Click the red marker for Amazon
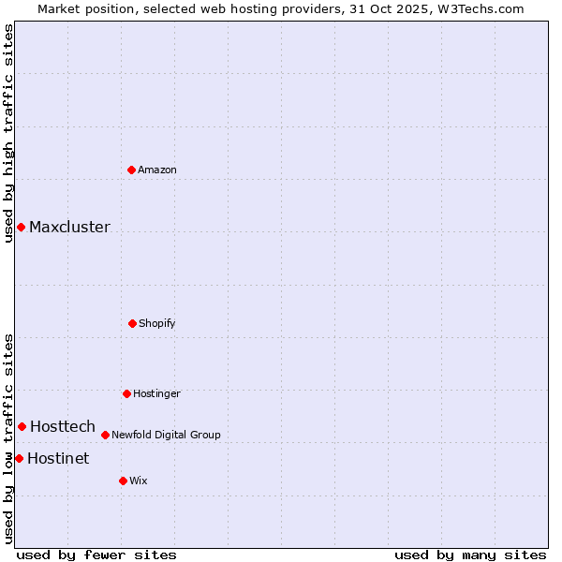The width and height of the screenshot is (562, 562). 132,170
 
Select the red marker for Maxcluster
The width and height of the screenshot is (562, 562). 21,227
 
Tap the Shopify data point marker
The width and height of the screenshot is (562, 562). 132,323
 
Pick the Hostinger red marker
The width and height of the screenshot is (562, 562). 126,393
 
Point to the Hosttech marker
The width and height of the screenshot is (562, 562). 22,426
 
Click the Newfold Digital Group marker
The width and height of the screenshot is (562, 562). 105,435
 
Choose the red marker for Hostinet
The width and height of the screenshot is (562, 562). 19,458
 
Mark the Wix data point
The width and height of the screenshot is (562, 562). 123,481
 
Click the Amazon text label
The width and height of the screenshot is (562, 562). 157,170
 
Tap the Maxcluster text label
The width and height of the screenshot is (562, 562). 69,227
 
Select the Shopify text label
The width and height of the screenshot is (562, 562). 157,323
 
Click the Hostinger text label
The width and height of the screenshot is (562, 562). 156,393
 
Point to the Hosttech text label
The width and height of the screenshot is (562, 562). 63,426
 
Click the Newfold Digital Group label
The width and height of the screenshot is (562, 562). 166,435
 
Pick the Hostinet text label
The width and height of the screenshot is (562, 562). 58,458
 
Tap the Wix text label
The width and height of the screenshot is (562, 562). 139,481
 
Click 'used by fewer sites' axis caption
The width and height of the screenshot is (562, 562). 96,555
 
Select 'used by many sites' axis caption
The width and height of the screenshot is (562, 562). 470,555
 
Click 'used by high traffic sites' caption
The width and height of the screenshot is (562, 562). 8,133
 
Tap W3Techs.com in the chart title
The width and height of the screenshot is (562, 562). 477,8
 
